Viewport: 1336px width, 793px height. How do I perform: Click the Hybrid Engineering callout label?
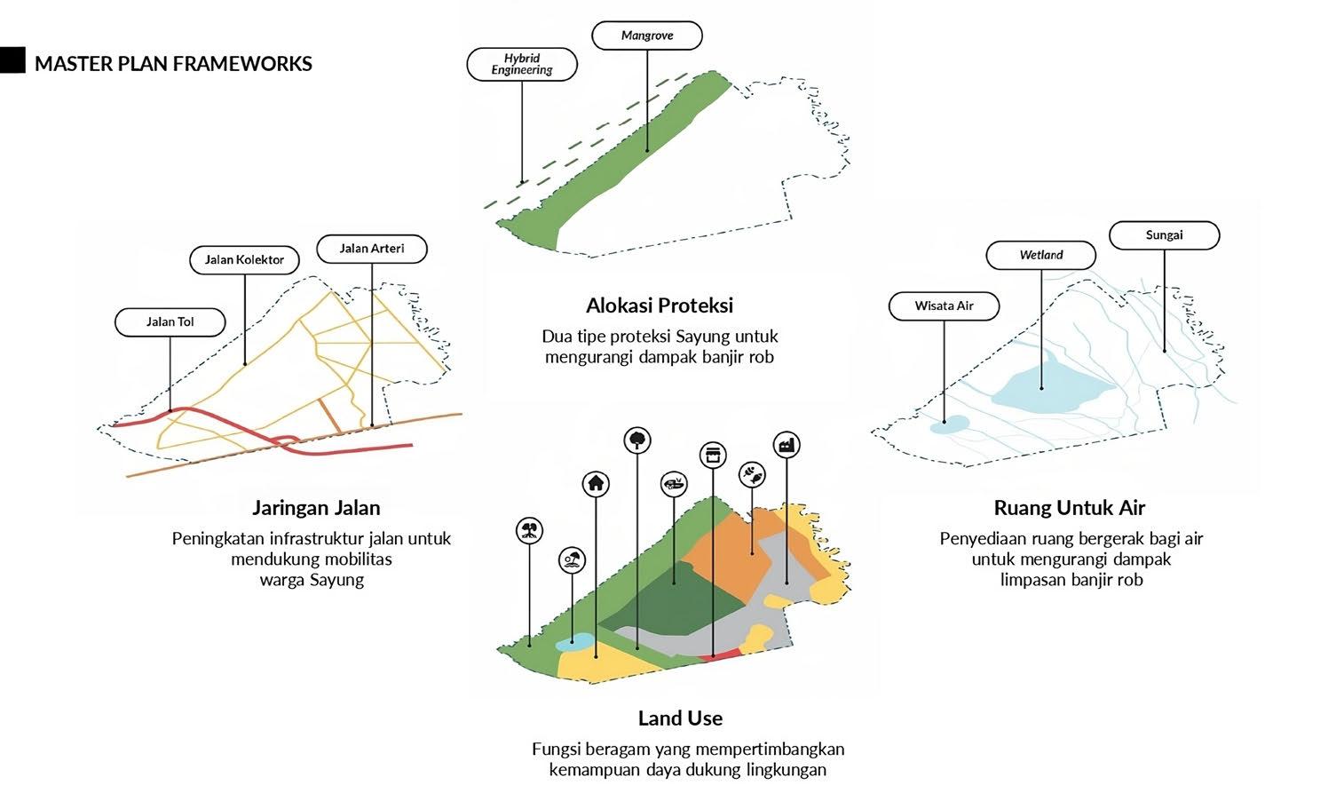click(522, 64)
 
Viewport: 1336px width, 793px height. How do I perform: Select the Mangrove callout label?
click(647, 36)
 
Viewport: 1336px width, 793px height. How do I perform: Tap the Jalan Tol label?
click(170, 321)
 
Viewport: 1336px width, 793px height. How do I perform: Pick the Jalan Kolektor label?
click(244, 259)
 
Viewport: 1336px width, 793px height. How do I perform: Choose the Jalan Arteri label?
click(372, 249)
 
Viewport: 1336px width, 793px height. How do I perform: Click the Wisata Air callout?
click(944, 305)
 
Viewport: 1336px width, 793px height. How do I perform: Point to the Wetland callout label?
click(1041, 255)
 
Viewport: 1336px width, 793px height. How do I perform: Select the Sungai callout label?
click(1164, 235)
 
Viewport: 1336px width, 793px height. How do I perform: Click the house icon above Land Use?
click(596, 484)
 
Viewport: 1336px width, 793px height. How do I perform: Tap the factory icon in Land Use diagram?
click(787, 445)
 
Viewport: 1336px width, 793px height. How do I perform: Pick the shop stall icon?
click(712, 456)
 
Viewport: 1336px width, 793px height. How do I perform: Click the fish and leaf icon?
click(752, 475)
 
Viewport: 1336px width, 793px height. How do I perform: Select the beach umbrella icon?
click(573, 560)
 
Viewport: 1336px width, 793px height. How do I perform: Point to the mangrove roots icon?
click(529, 531)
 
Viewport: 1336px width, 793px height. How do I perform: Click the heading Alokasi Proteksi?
click(660, 305)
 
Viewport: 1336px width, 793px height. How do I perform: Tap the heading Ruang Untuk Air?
click(1070, 508)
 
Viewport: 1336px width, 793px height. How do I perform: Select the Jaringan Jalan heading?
click(316, 508)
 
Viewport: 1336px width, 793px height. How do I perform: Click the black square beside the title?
click(12, 60)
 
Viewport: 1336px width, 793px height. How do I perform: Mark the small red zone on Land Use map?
click(723, 654)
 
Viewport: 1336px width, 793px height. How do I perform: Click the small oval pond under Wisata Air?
click(950, 424)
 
